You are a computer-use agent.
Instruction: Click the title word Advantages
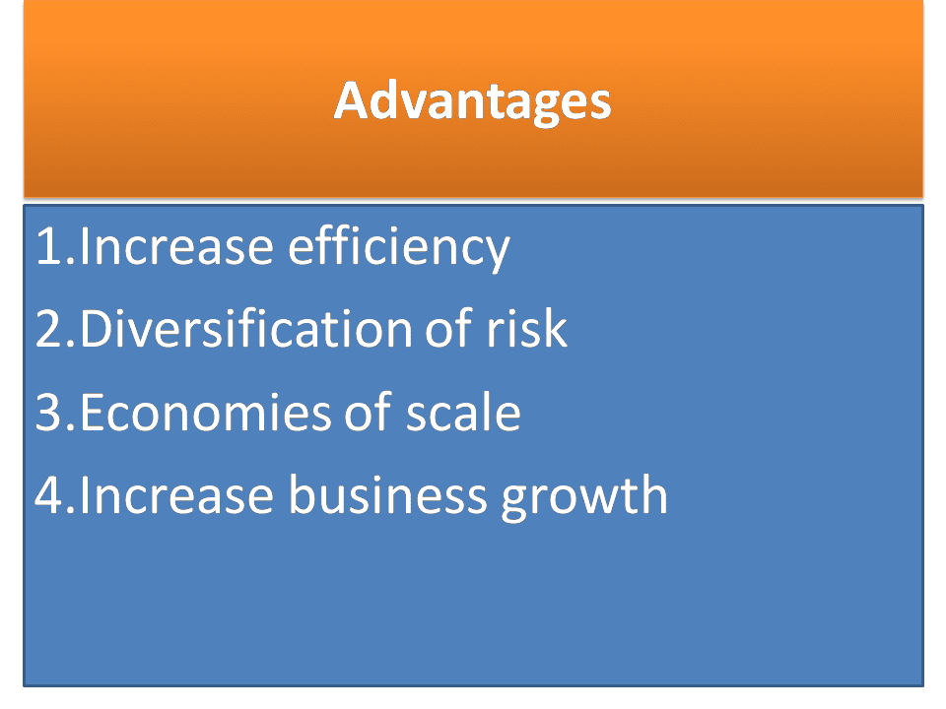tap(472, 100)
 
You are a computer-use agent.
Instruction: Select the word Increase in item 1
tap(177, 247)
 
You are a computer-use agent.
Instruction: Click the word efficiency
tap(398, 247)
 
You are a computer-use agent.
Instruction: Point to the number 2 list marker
tap(49, 330)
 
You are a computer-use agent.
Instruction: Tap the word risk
tap(530, 330)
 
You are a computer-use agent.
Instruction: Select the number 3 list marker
tap(49, 413)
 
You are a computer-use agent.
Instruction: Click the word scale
tap(463, 413)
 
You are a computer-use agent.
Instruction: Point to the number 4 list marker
tap(49, 495)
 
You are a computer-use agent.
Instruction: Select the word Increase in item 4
tap(177, 495)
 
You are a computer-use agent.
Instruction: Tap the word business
tap(387, 495)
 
